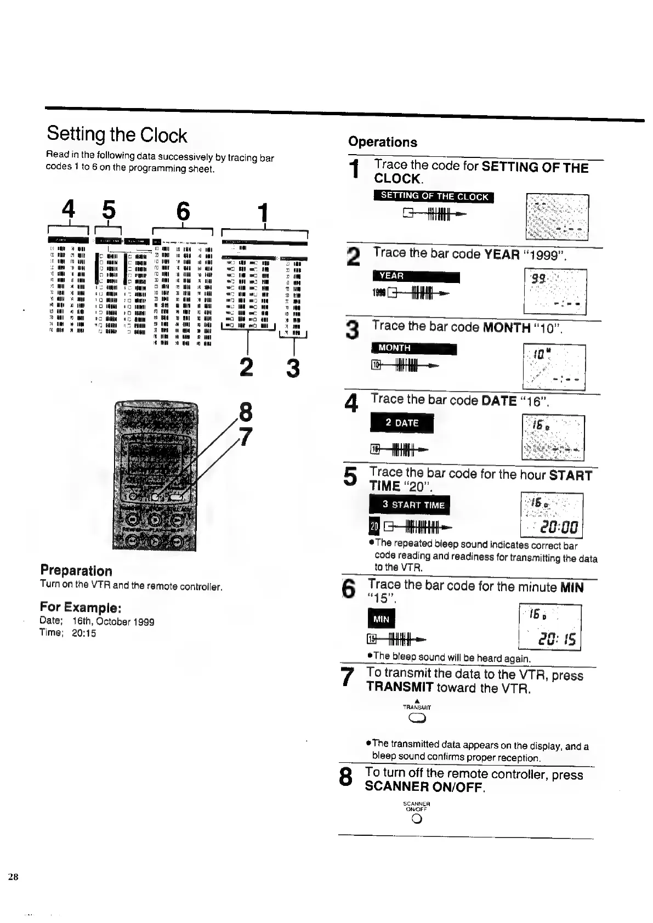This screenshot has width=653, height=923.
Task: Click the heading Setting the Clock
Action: (x=117, y=134)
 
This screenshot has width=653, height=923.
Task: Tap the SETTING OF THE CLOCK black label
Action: (x=434, y=196)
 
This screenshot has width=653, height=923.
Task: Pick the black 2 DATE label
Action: (x=402, y=423)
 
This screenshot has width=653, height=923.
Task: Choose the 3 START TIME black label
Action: (x=409, y=505)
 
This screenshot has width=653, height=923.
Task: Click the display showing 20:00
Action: (x=551, y=516)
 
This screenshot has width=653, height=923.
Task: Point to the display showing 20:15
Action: (x=549, y=627)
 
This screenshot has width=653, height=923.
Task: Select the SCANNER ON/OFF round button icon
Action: (x=416, y=819)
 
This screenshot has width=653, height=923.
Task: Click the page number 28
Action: (x=13, y=876)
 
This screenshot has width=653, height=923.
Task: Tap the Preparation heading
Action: (x=76, y=570)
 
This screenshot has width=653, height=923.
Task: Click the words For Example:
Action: (x=80, y=607)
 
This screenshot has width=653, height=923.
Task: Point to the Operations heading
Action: (x=383, y=142)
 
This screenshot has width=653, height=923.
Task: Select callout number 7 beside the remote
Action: (x=246, y=437)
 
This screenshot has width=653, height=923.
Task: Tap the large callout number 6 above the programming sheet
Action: (x=183, y=211)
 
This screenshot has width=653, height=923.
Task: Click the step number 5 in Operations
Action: (x=350, y=476)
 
